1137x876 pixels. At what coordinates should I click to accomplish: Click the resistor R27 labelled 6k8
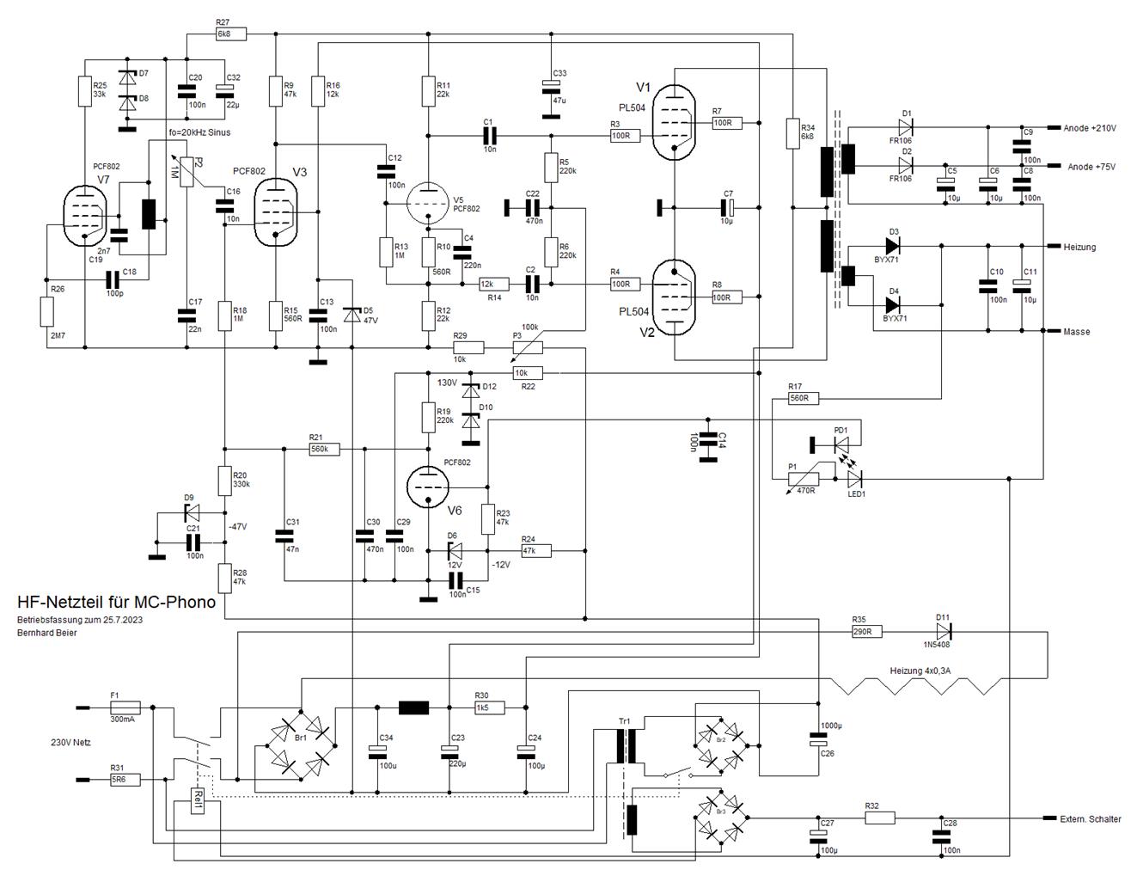pyautogui.click(x=230, y=34)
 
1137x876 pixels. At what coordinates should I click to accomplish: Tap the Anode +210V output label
pyautogui.click(x=1089, y=128)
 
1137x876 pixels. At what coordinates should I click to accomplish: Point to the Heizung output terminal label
pyautogui.click(x=1079, y=247)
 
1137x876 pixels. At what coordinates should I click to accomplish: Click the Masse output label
pyautogui.click(x=1076, y=332)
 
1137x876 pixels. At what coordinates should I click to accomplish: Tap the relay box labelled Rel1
pyautogui.click(x=197, y=804)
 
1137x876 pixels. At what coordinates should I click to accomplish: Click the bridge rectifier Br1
pyautogui.click(x=300, y=741)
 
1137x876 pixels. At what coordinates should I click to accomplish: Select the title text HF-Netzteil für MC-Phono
pyautogui.click(x=116, y=602)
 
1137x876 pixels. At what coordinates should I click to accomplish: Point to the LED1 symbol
pyautogui.click(x=854, y=477)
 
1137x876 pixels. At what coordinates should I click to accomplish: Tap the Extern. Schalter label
pyautogui.click(x=1091, y=819)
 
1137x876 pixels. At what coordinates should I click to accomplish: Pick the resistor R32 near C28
pyautogui.click(x=879, y=818)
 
